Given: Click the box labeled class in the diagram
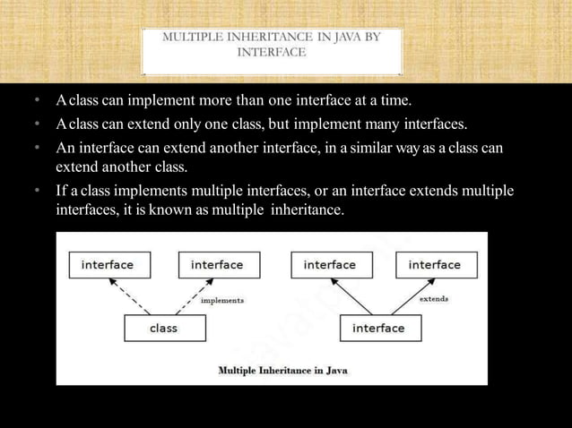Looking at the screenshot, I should [163, 329].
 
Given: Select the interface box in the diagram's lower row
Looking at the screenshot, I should [377, 329].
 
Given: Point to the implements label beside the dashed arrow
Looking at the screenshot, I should [221, 301].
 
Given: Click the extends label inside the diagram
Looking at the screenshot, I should [434, 298].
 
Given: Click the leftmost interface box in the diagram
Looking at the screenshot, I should [108, 265].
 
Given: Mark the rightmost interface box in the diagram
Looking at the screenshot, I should [435, 265].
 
